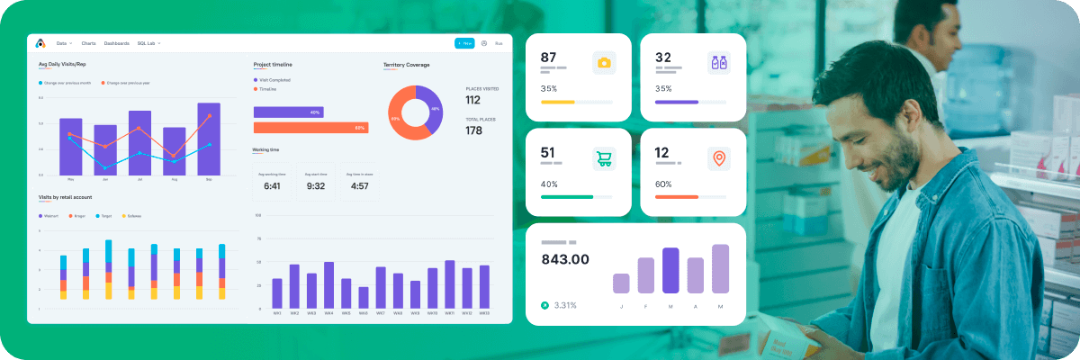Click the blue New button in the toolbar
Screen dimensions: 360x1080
coord(464,43)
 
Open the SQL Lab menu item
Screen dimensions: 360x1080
coord(148,43)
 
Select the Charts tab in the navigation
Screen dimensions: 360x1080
coord(88,43)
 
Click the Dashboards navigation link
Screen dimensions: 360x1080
coord(117,43)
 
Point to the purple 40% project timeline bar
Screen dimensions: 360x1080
coord(288,112)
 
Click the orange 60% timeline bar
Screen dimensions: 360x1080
coord(310,128)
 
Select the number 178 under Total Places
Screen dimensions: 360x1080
coord(473,130)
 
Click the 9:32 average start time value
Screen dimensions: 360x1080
coord(315,186)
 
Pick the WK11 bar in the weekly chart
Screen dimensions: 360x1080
coord(449,283)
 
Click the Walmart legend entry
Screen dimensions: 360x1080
coord(51,216)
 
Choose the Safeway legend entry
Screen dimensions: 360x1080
coord(132,216)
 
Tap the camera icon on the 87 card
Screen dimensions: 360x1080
coord(605,62)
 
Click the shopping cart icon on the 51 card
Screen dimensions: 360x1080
coord(603,159)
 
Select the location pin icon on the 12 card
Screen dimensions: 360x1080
coord(718,159)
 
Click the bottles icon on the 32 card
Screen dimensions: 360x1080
coord(718,62)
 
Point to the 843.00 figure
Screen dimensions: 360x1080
coord(565,259)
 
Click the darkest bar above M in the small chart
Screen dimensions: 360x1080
coord(670,270)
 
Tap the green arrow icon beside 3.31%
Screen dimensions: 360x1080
coord(544,305)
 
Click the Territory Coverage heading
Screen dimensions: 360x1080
coord(406,65)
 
